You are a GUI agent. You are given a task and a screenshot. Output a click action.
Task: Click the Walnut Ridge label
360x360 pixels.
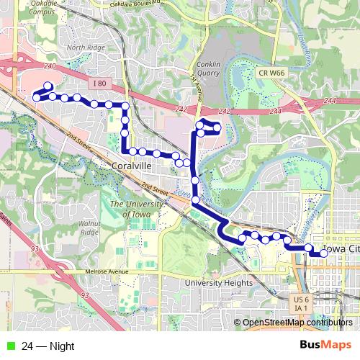click(89, 228)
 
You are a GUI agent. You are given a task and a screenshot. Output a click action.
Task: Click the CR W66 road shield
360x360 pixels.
click(272, 73)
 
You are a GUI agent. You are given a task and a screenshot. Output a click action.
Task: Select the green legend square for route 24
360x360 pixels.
click(9, 345)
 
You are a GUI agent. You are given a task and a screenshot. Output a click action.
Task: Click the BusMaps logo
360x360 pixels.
click(326, 345)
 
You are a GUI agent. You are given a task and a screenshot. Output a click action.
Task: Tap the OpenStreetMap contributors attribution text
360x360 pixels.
click(297, 322)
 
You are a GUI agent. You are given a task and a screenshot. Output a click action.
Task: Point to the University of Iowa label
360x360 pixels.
click(132, 210)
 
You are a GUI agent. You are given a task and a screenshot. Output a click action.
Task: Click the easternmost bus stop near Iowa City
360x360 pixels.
click(324, 253)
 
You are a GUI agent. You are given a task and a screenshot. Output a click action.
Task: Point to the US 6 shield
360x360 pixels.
click(301, 299)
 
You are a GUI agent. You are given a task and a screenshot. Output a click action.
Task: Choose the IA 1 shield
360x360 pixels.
click(301, 308)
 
